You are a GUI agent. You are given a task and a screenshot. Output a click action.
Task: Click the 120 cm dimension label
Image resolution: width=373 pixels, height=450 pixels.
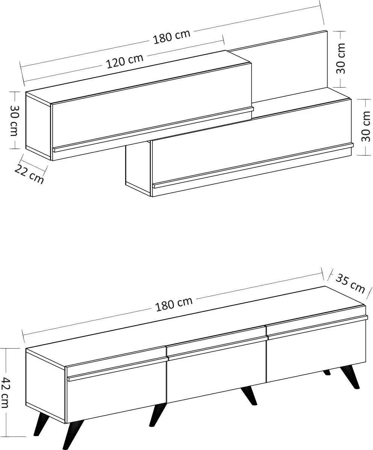click(125, 61)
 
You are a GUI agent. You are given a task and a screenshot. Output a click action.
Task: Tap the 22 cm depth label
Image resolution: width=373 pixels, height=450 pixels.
click(29, 174)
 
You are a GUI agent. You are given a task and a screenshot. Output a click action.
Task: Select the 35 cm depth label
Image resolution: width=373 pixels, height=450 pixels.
click(350, 283)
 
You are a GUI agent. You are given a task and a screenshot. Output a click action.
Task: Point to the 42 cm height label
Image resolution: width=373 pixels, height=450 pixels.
click(6, 392)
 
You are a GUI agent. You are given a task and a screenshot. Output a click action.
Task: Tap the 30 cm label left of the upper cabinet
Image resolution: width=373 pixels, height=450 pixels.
click(14, 121)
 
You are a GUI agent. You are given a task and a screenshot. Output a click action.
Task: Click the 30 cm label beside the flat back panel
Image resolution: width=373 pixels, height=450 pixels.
click(341, 59)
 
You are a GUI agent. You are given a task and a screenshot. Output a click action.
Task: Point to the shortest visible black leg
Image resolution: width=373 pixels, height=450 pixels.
click(326, 372)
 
